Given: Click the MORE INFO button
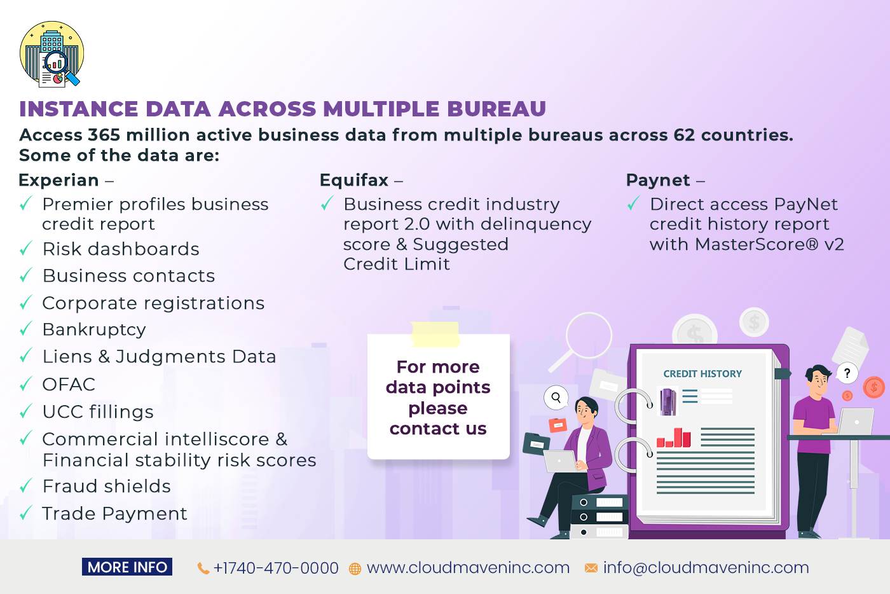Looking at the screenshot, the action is [x=127, y=567].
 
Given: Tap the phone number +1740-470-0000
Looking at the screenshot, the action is [x=276, y=568].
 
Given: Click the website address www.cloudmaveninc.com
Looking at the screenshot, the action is [x=468, y=568].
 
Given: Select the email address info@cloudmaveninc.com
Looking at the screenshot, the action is [x=706, y=568].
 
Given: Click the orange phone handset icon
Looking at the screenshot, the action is [x=203, y=569].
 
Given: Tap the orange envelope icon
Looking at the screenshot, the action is [x=591, y=568].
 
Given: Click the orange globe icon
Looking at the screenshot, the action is [x=355, y=569].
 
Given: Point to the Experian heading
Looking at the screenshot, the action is [x=58, y=181].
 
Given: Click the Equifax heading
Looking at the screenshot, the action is [x=354, y=180].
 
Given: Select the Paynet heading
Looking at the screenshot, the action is [x=658, y=181].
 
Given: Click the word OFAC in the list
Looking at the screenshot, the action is [x=69, y=385].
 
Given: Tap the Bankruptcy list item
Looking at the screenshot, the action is [x=94, y=330].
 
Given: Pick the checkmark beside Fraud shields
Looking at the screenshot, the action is [x=26, y=485].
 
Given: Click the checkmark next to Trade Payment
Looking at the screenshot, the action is [x=26, y=513].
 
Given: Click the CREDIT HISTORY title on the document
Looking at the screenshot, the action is [x=702, y=374].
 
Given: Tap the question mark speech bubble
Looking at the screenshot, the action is [x=847, y=373].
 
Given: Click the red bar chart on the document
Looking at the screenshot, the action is [x=673, y=438].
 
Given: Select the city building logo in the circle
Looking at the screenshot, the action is [x=52, y=54].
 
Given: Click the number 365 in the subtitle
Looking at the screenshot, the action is [x=104, y=135].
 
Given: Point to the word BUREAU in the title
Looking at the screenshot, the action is [x=496, y=109].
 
